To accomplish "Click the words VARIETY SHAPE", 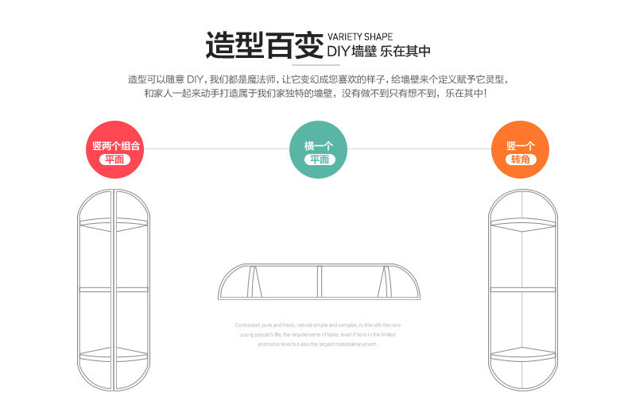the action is [360, 37].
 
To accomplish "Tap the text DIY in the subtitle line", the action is [339, 52].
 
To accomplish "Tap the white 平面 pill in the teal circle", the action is [319, 160].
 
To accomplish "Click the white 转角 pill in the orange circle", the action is [521, 160].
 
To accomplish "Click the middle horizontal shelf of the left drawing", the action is [113, 289].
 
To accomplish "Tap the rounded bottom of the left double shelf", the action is [113, 377].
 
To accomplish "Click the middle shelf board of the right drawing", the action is [521, 289].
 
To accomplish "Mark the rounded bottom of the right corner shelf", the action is [521, 377].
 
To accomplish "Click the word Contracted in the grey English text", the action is [247, 325].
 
